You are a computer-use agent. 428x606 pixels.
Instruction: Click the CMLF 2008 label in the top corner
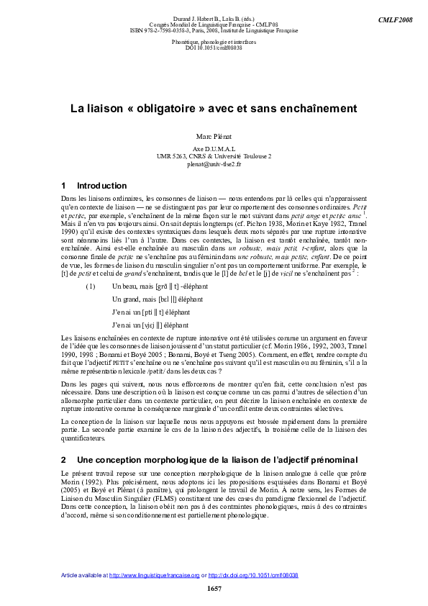(x=396, y=17)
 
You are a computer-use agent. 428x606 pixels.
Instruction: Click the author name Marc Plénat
(x=214, y=135)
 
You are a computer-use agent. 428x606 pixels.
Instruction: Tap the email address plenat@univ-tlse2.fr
(x=214, y=164)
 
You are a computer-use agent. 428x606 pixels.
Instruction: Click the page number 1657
(x=214, y=589)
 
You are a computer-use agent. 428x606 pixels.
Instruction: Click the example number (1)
(x=91, y=286)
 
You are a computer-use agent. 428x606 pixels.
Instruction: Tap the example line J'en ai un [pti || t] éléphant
(x=151, y=312)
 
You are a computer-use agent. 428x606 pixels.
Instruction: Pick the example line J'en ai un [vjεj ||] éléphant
(x=150, y=325)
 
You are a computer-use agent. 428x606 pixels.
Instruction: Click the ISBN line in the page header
(x=214, y=30)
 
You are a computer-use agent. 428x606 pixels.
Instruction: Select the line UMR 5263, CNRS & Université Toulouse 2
(x=214, y=156)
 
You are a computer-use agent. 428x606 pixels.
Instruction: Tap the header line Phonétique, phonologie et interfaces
(x=214, y=42)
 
